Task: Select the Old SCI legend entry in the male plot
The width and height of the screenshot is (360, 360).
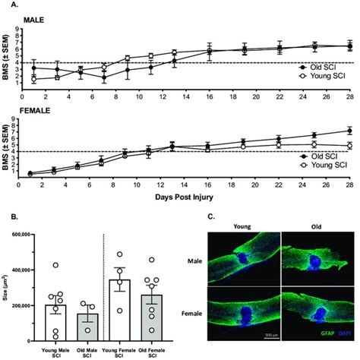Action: click(324, 67)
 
